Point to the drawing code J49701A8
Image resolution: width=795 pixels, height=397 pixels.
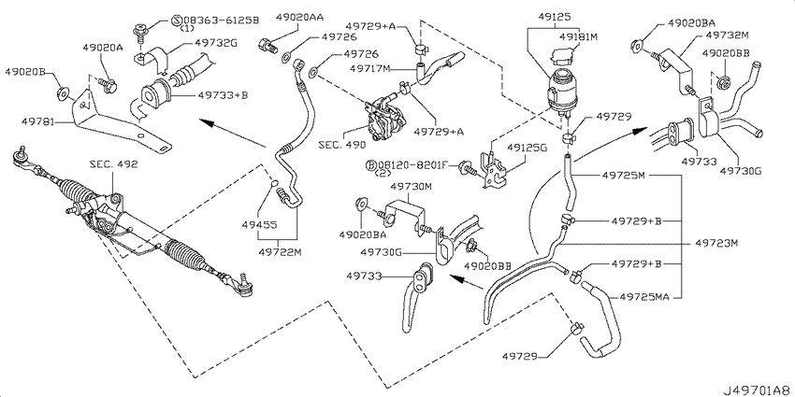pos(758,390)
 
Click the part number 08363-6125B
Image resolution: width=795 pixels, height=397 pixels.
pos(225,21)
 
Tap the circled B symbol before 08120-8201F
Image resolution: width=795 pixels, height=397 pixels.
pos(370,165)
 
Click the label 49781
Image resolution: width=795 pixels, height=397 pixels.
pos(38,122)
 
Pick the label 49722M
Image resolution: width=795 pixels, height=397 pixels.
pos(278,251)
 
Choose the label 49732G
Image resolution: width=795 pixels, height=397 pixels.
pos(216,44)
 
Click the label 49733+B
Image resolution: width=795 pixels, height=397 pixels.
pos(224,94)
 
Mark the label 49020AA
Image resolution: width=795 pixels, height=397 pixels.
pos(299,17)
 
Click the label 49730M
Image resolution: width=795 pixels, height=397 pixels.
pos(411,188)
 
